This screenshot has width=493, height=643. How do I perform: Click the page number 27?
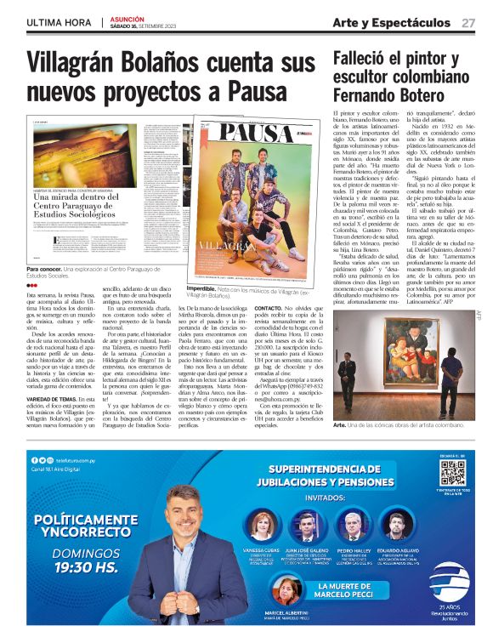[468, 23]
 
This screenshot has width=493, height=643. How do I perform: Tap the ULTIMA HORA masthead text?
[59, 23]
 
